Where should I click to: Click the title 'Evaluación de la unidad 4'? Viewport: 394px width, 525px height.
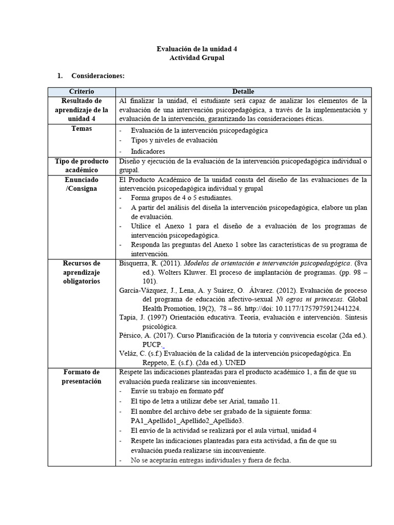196,49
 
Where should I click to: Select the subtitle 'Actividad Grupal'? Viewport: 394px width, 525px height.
196,58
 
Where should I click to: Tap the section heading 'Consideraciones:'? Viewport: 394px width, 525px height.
98,76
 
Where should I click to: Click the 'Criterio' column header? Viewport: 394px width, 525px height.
82,91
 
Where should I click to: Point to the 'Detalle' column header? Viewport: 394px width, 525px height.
243,91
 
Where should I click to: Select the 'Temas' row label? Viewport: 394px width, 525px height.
82,129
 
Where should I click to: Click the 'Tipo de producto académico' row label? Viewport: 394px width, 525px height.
82,165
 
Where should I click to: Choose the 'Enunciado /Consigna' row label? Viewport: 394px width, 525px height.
82,184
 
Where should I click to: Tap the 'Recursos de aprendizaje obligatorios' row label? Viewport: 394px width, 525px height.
82,272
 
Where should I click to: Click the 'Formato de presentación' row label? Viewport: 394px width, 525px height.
82,376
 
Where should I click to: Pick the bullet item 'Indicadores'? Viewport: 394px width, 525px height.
148,152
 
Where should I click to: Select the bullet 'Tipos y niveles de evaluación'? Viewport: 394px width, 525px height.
174,140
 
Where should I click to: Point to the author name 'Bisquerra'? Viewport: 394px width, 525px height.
134,264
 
